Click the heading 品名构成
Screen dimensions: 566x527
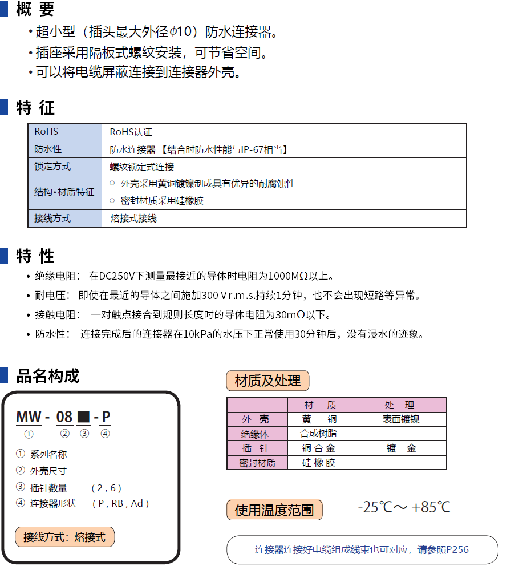click(48, 376)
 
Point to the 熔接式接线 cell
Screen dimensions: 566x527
click(133, 219)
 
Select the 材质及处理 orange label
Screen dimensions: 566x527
click(267, 381)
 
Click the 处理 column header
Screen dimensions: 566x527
click(399, 405)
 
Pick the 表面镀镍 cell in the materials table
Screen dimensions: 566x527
click(400, 419)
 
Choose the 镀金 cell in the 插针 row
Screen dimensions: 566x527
click(400, 448)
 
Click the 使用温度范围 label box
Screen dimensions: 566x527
click(274, 510)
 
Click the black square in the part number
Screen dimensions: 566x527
click(83, 417)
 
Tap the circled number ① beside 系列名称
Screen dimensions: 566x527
click(21, 454)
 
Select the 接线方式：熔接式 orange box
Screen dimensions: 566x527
click(64, 537)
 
